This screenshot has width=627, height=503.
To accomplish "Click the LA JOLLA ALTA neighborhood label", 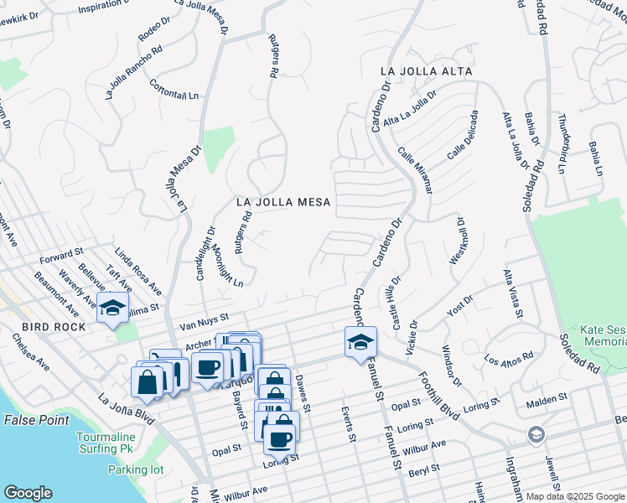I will (426, 71).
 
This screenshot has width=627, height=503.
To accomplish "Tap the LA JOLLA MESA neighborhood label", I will (283, 202).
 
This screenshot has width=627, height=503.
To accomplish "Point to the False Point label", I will (34, 418).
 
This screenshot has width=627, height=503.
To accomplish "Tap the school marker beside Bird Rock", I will (113, 309).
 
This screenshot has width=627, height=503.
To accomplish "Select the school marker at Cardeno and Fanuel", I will (360, 342).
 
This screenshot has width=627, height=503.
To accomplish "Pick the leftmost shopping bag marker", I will (148, 382).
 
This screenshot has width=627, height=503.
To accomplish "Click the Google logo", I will (28, 493).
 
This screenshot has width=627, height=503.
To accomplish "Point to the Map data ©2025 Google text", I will (575, 496).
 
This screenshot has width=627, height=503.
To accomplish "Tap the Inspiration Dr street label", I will (111, 8).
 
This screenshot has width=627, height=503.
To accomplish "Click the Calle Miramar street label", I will (416, 170).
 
